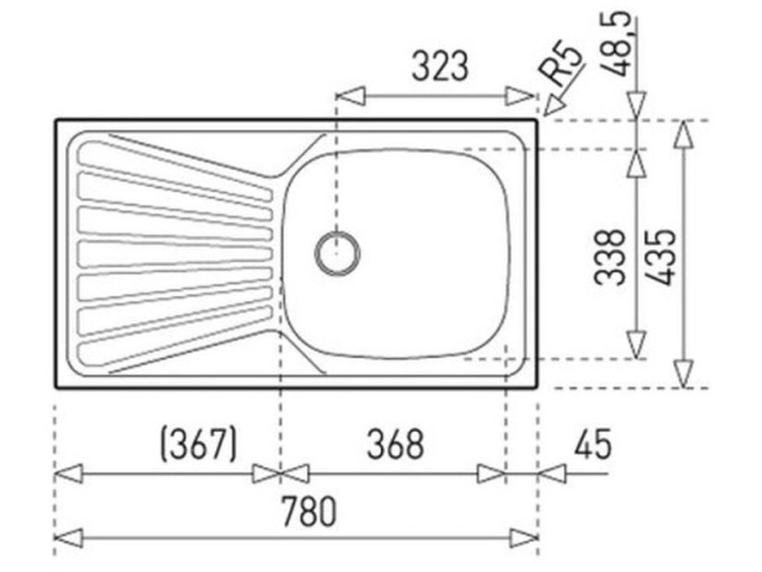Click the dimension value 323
[x=440, y=68]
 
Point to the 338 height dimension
[x=612, y=256]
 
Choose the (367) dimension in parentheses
[x=198, y=445]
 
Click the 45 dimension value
[x=591, y=445]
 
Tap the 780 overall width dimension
[x=310, y=510]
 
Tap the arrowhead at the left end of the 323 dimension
[x=349, y=95]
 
